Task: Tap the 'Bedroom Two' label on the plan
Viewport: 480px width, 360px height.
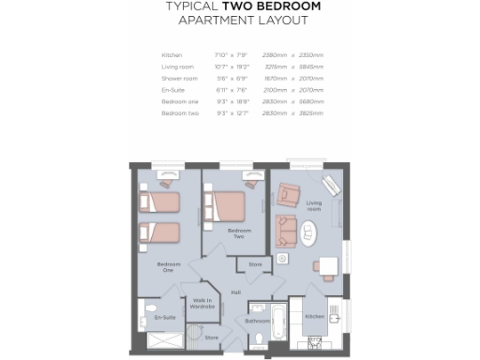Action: pyautogui.click(x=238, y=232)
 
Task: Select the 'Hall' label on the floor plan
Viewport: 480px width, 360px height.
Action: pyautogui.click(x=236, y=292)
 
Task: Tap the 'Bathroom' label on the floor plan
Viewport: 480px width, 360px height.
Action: pyautogui.click(x=257, y=321)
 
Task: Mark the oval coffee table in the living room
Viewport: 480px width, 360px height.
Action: pyautogui.click(x=309, y=230)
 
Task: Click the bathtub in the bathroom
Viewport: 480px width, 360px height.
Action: pyautogui.click(x=278, y=321)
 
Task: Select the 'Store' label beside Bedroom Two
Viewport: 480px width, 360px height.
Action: pyautogui.click(x=256, y=265)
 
